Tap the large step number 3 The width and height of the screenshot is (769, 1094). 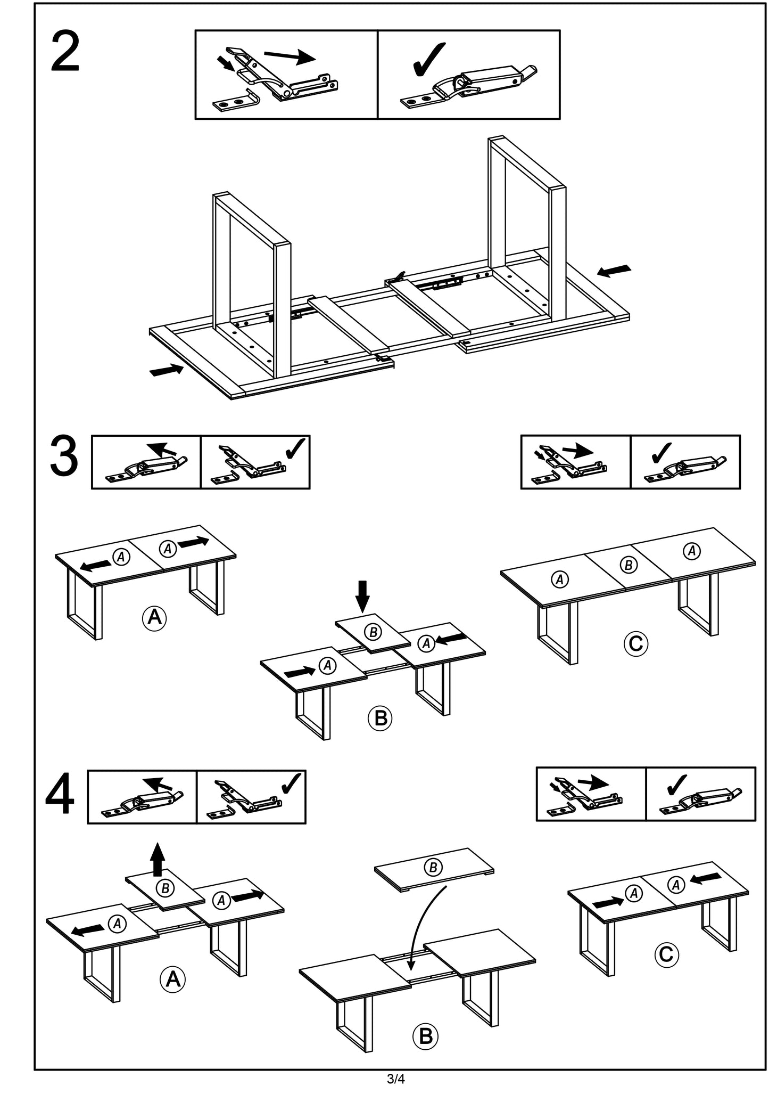click(63, 456)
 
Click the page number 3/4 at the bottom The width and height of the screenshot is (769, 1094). click(395, 1079)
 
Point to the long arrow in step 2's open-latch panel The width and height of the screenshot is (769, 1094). click(290, 56)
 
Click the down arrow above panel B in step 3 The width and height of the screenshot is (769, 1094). click(362, 596)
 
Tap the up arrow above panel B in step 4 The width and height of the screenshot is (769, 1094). click(157, 860)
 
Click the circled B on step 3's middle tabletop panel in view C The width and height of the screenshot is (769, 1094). click(629, 565)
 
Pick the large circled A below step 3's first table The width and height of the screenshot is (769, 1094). click(154, 617)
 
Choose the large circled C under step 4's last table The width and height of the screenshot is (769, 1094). click(666, 954)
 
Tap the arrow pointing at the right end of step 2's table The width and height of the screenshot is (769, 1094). click(614, 271)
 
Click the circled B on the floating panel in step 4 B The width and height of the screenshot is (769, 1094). click(433, 868)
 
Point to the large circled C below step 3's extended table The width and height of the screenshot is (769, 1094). click(635, 643)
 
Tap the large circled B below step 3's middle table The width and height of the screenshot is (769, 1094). click(380, 718)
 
